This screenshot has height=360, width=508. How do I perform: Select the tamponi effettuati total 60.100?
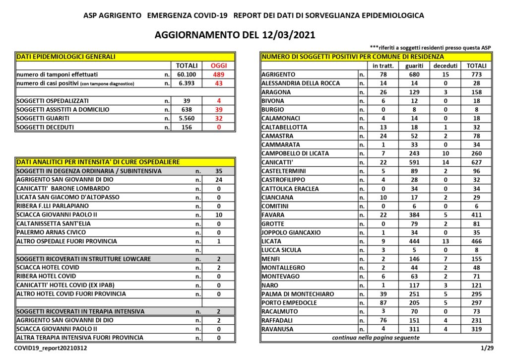point(187,74)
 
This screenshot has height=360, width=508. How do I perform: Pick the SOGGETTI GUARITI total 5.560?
point(187,118)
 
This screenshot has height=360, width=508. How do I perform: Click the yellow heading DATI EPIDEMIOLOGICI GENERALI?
point(66,57)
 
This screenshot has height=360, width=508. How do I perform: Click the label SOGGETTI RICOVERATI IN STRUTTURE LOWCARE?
point(84,259)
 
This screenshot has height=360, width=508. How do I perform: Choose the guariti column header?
point(414,66)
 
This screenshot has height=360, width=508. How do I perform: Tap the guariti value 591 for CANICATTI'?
point(414,162)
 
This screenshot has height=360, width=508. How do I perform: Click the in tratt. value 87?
point(382,303)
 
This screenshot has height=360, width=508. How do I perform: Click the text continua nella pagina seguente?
point(375,338)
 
